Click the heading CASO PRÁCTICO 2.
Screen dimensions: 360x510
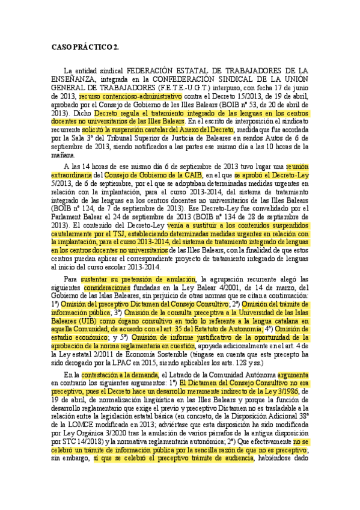pos(85,46)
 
